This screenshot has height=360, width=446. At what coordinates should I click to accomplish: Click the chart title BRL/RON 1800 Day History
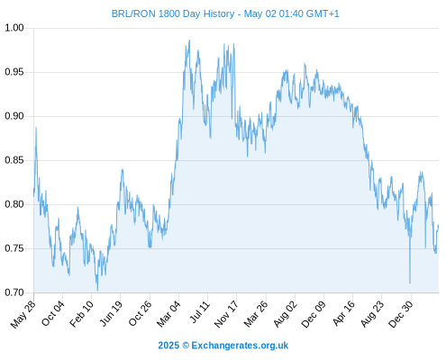[x=173, y=13]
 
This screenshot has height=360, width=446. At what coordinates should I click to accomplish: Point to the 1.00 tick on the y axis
[x=14, y=28]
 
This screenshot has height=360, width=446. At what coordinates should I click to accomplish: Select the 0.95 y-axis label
[x=14, y=72]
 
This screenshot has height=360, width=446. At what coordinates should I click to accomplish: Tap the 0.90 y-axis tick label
[x=14, y=116]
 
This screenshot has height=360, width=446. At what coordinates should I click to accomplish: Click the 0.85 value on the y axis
[x=14, y=160]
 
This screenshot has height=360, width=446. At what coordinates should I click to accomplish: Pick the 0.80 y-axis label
[x=14, y=204]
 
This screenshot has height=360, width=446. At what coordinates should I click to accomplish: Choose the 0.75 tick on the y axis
[x=14, y=248]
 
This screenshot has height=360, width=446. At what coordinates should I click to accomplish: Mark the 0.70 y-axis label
[x=14, y=292]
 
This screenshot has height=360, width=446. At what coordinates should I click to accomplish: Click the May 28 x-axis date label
[x=23, y=314]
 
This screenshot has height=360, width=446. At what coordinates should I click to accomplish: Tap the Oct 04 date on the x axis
[x=53, y=313]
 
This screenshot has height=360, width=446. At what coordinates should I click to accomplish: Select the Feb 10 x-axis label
[x=81, y=314]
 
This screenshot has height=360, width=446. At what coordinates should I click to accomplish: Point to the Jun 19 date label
[x=111, y=313]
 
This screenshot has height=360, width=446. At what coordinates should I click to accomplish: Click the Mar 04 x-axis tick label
[x=168, y=314]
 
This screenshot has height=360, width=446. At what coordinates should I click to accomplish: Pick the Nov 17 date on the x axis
[x=226, y=314]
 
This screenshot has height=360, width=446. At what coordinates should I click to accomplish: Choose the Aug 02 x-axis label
[x=285, y=314]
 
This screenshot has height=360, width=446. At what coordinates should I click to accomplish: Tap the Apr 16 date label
[x=343, y=313]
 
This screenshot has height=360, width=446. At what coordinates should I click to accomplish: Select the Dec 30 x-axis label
[x=400, y=314]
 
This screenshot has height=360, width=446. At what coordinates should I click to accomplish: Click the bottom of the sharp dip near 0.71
[x=410, y=283]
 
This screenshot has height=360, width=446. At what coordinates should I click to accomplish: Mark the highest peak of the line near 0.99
[x=189, y=40]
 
